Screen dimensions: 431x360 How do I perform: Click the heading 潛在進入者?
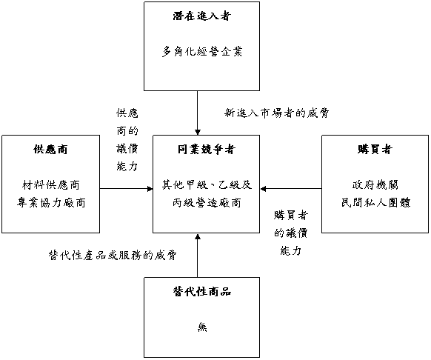(x=202, y=16)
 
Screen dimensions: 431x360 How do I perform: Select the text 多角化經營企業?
(x=202, y=51)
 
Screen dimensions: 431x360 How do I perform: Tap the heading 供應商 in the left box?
(x=50, y=150)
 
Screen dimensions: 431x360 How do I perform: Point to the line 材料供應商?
(x=51, y=184)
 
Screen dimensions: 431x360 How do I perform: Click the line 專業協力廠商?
(x=51, y=203)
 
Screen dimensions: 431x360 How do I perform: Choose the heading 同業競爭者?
(x=207, y=150)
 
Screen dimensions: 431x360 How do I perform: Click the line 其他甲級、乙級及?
(x=207, y=184)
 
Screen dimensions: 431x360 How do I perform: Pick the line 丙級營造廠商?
(x=207, y=203)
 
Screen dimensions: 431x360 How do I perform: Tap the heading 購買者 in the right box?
(x=375, y=150)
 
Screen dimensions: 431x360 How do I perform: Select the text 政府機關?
(x=375, y=184)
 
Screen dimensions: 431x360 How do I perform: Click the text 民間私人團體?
(x=375, y=203)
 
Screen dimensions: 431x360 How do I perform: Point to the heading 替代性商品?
(x=202, y=292)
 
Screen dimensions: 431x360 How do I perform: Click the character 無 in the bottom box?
(x=202, y=327)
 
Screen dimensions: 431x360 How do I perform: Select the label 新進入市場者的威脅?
(x=277, y=113)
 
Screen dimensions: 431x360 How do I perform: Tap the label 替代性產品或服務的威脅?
(x=112, y=256)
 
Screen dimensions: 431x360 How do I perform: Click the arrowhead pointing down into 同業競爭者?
(x=198, y=132)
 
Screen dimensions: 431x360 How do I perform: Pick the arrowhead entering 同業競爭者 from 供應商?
(x=150, y=189)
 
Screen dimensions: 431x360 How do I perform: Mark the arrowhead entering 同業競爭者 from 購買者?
(x=263, y=189)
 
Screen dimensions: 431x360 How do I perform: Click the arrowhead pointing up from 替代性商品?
(x=198, y=236)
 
